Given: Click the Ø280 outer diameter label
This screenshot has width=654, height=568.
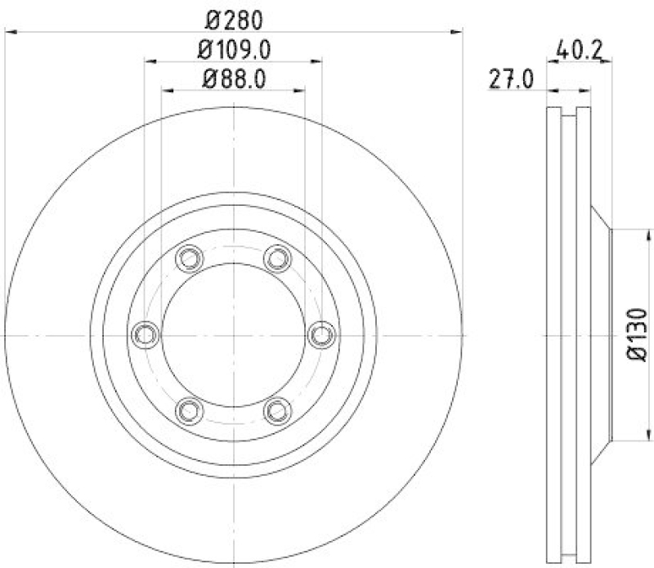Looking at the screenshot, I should (x=234, y=16).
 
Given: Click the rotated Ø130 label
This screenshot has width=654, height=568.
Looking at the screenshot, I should (x=638, y=334).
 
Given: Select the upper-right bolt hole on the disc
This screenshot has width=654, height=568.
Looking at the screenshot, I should (x=279, y=258).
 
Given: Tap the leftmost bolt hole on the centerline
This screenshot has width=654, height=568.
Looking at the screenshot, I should (x=145, y=334).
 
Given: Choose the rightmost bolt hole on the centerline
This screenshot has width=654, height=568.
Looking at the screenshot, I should (x=323, y=334).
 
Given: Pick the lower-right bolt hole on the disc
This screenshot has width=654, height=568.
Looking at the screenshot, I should (x=279, y=410).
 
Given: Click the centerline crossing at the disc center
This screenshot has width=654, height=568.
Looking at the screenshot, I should (x=234, y=334).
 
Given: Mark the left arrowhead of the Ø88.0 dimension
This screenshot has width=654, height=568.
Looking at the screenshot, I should (x=166, y=91).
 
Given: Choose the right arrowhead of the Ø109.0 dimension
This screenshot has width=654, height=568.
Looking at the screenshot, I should (x=318, y=60).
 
